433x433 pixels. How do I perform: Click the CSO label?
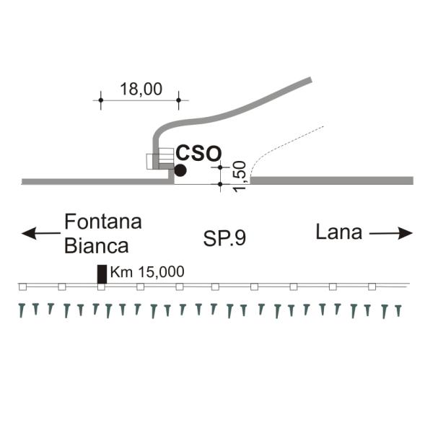point(198,153)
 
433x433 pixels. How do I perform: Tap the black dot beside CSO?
point(180,170)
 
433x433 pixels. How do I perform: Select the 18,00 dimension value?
point(141,89)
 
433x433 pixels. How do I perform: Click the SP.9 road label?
point(224,239)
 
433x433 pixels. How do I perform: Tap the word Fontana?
point(102,222)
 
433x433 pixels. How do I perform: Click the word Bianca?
point(96,245)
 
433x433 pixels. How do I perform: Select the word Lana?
point(338,232)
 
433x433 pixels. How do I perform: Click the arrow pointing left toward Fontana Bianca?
point(40,233)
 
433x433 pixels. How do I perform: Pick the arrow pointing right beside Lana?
point(391,233)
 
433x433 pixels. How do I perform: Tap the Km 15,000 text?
point(148,272)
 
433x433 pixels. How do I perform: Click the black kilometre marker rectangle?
point(102,274)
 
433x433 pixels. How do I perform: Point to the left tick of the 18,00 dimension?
point(101,100)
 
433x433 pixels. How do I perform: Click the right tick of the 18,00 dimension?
point(178,100)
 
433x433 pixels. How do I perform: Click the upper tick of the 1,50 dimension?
point(221,167)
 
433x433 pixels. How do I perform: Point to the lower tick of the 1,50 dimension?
point(221,184)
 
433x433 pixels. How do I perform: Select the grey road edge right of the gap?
point(332,180)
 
